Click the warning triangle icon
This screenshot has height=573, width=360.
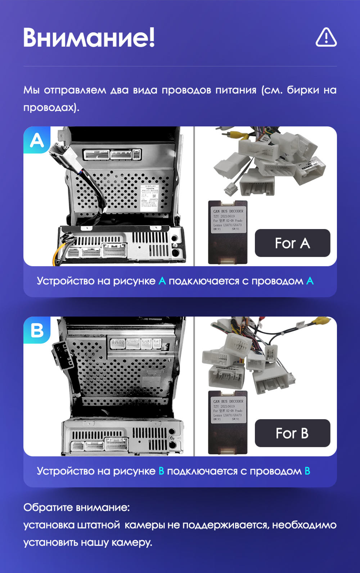(x=326, y=37)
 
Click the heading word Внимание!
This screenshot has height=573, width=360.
(x=89, y=37)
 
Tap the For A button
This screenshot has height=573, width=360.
(x=292, y=243)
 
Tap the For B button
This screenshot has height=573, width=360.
(x=292, y=433)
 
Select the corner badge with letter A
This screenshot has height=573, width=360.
(x=37, y=140)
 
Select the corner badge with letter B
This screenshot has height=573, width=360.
(x=37, y=330)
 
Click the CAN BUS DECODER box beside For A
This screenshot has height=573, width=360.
(x=228, y=232)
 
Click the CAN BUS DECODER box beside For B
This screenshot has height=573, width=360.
(x=228, y=422)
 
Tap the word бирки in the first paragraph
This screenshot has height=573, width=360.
(x=303, y=90)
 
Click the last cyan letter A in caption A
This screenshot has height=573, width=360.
(x=310, y=281)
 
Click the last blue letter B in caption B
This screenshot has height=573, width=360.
(x=307, y=471)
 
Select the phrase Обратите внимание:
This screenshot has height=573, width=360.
(x=76, y=507)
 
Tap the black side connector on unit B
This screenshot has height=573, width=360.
(x=63, y=354)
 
